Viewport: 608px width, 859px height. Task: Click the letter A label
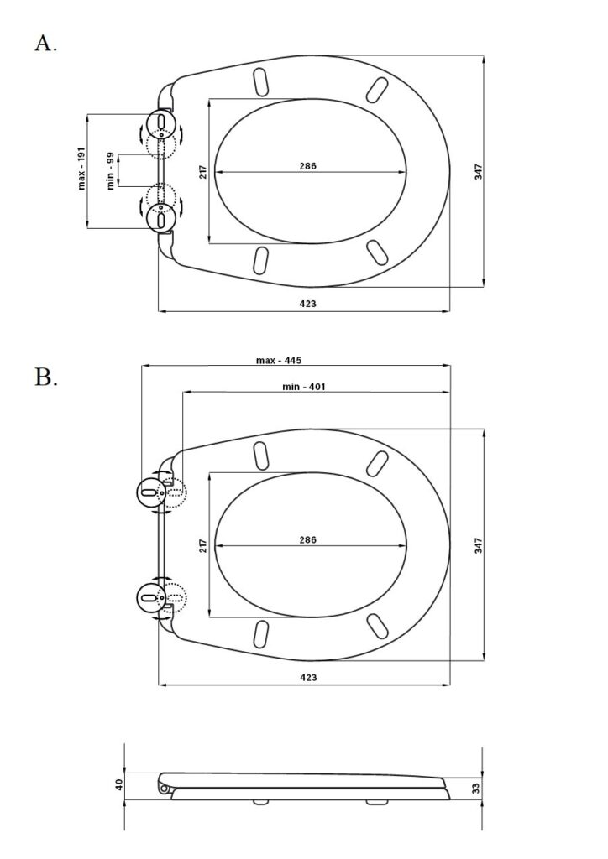pyautogui.click(x=45, y=44)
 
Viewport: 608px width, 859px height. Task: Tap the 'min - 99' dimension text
pyautogui.click(x=110, y=171)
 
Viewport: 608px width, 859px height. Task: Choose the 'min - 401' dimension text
pyautogui.click(x=303, y=387)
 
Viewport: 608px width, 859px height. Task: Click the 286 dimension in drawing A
pyautogui.click(x=308, y=166)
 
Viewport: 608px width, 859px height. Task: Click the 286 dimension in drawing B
pyautogui.click(x=308, y=539)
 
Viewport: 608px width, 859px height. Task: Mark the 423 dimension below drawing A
pyautogui.click(x=307, y=304)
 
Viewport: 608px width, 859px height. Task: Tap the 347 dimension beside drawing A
pyautogui.click(x=478, y=171)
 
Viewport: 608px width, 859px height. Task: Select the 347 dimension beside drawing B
pyautogui.click(x=478, y=545)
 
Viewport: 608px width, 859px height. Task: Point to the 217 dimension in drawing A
pyautogui.click(x=202, y=172)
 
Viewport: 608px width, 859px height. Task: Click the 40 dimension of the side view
pyautogui.click(x=118, y=784)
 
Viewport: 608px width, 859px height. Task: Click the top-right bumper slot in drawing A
pyautogui.click(x=379, y=88)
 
